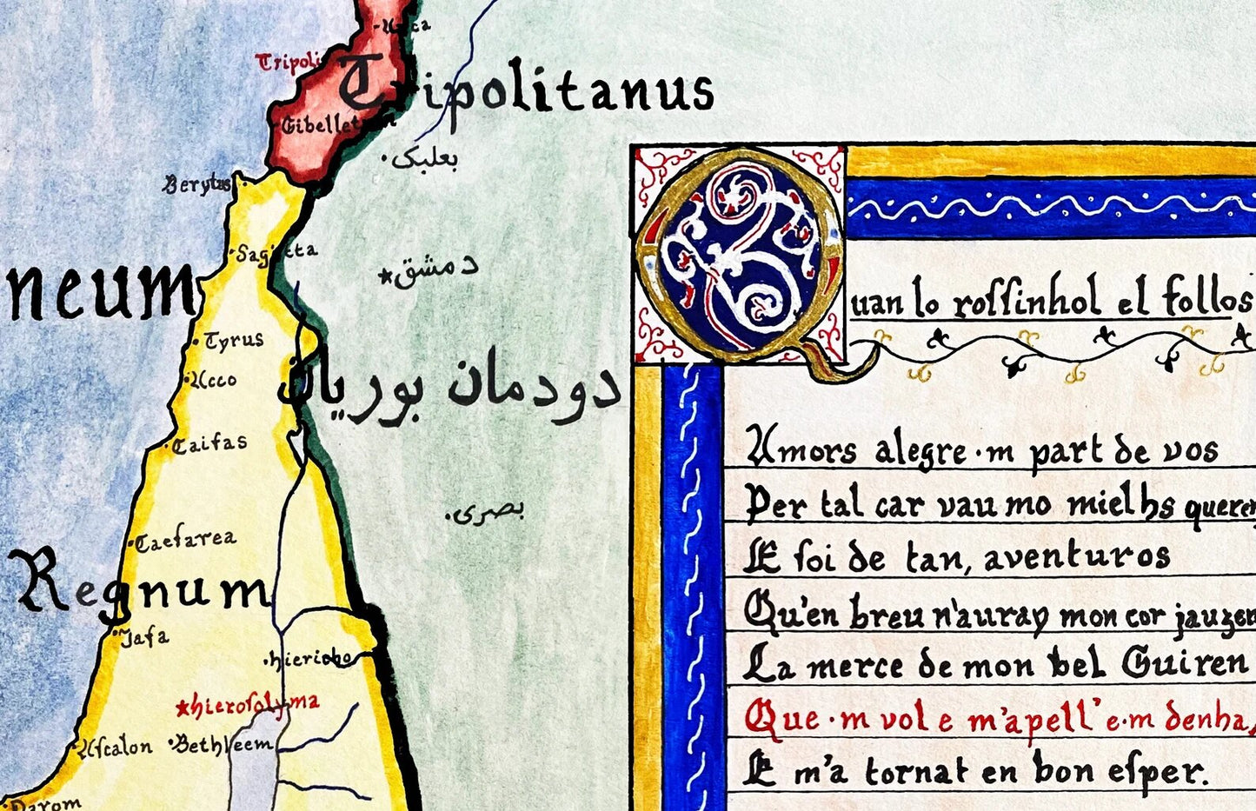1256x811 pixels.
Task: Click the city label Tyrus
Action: pos(234,340)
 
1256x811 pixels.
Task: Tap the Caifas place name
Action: pos(209,444)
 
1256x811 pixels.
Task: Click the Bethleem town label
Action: pos(225,744)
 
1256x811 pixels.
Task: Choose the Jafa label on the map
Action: pos(144,637)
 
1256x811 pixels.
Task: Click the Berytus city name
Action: pos(198,183)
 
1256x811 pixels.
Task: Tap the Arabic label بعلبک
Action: pos(424,158)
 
